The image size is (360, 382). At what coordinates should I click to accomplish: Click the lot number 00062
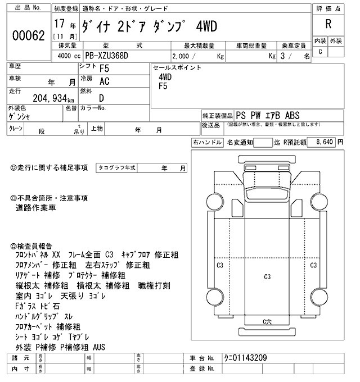click(x=28, y=35)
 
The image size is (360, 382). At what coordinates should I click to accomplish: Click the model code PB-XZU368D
click(x=112, y=56)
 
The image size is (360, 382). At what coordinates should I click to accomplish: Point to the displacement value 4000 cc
click(x=66, y=56)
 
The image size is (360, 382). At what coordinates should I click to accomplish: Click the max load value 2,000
click(x=184, y=56)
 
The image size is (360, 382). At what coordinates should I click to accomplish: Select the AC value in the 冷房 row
click(x=104, y=81)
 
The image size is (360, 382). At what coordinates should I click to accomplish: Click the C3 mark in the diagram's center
click(x=267, y=276)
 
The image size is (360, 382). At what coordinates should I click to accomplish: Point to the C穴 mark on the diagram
click(x=268, y=321)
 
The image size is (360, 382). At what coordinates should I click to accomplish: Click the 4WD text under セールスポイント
click(x=165, y=77)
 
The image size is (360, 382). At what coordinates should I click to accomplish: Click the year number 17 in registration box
click(x=59, y=25)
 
